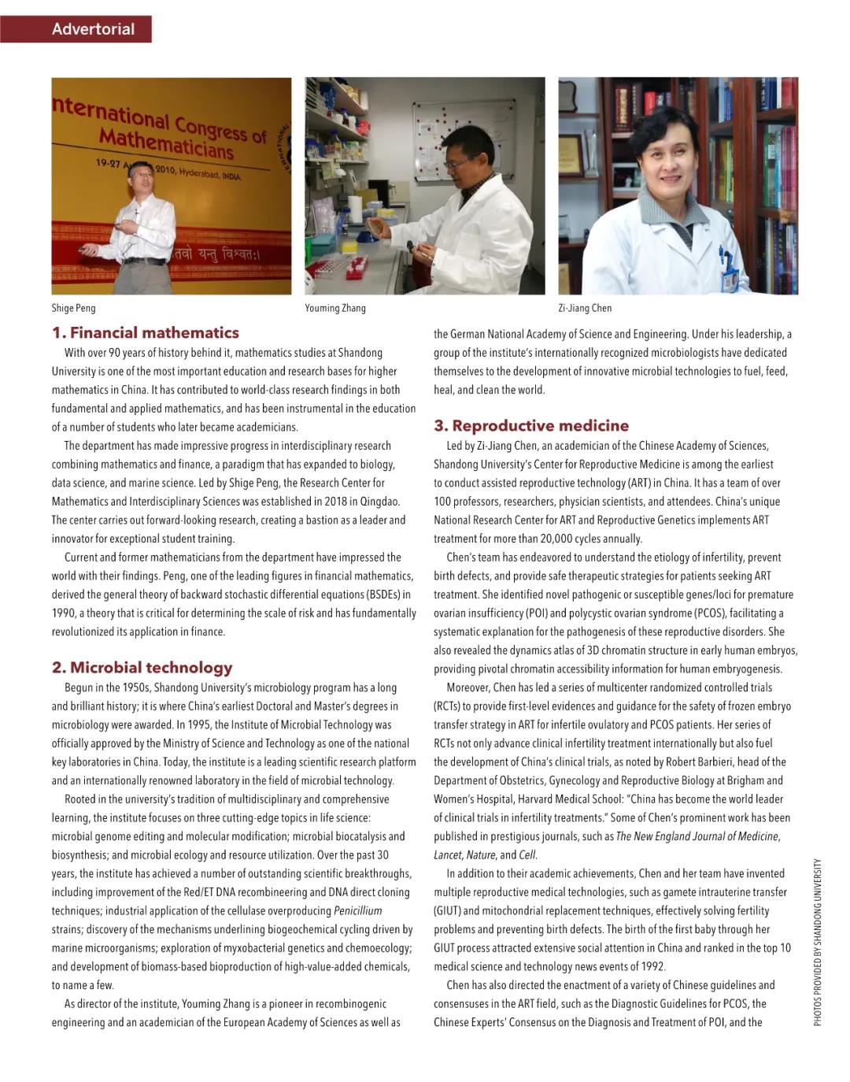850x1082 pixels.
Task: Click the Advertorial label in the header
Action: click(93, 29)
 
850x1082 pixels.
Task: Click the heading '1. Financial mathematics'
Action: click(146, 332)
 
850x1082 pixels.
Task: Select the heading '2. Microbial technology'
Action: click(142, 668)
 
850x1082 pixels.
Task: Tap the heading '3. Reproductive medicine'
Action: click(531, 426)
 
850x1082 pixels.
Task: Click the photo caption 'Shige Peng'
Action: click(73, 308)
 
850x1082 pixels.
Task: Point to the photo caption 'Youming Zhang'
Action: click(335, 308)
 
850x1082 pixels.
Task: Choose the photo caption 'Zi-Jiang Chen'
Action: click(585, 308)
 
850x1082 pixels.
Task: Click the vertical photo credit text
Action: click(818, 942)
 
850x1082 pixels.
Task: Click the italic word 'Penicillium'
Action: click(358, 911)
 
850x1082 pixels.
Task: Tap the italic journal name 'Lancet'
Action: click(448, 855)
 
